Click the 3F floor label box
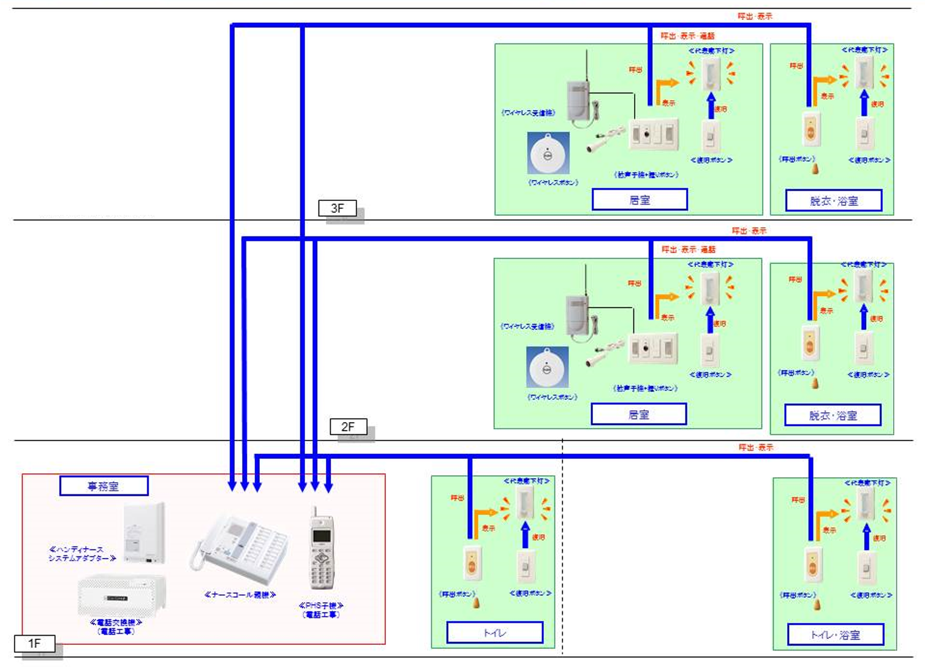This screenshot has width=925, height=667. (337, 208)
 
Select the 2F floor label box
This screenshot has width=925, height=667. (348, 426)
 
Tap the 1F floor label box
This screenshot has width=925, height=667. (34, 643)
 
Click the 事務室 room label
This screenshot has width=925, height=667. (104, 486)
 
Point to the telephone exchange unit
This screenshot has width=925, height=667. (121, 596)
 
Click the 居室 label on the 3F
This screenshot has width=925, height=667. (640, 200)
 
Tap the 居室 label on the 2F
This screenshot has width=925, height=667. (638, 415)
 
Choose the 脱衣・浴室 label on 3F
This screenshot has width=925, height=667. (834, 200)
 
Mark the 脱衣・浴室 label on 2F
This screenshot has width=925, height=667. (832, 415)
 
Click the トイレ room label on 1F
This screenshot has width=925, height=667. (494, 633)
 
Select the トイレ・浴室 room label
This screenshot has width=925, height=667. (835, 635)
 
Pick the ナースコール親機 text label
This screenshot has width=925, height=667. (240, 595)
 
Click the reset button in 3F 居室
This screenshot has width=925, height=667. (711, 136)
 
